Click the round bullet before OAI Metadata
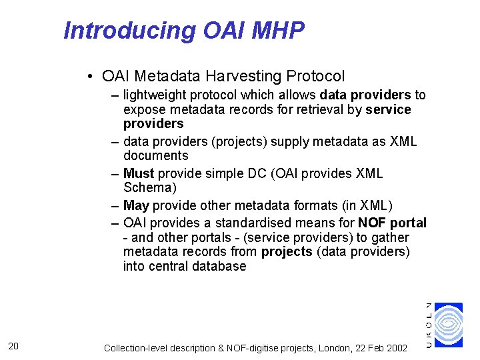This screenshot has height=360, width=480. pos(89,76)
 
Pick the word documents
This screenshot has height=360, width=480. pos(156,155)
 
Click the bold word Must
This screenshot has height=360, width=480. pos(139,173)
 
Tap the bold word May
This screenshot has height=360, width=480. pos(136,205)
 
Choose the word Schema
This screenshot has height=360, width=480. pos(150,187)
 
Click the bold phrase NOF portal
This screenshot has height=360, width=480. pos(392,223)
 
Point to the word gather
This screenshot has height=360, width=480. pos(392,237)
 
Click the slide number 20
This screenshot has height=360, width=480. pos(13,345)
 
